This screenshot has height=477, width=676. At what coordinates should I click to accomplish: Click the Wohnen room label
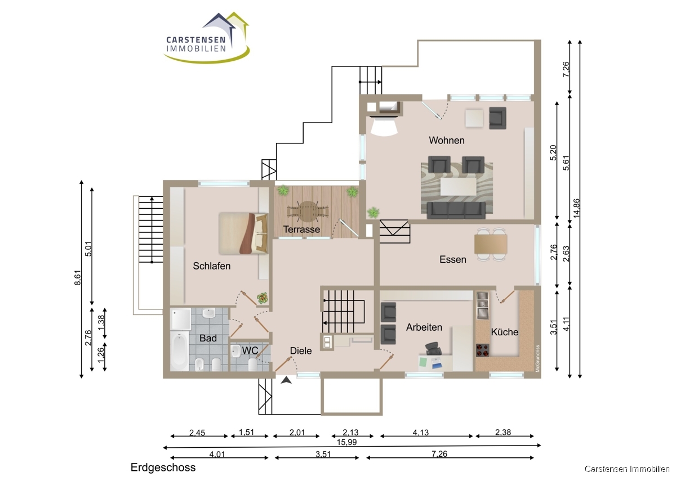pos(446,141)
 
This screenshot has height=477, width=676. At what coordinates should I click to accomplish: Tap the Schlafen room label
pos(212,265)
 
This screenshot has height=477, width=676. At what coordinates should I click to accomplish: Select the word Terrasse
pos(301,229)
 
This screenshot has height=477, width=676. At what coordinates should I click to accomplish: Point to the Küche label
pos(505,332)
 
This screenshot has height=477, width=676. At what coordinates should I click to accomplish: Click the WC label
pos(250,350)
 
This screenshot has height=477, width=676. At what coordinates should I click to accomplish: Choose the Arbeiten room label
pos(424,327)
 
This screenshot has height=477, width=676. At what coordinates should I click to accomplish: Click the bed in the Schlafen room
pos(243,233)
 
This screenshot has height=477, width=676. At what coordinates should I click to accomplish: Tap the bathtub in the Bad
pos(180,351)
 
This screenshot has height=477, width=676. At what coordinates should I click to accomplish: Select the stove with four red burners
pos(482,350)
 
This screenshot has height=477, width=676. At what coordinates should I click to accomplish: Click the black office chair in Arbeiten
pos(433,349)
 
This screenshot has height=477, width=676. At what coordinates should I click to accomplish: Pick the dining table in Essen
pos(491,244)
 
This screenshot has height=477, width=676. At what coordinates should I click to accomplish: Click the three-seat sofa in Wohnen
pos(456,210)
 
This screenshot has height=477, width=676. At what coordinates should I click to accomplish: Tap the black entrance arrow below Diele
pos(286,380)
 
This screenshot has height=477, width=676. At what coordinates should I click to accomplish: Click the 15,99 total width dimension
pos(347,442)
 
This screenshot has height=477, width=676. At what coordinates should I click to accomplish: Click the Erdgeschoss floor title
pos(163,467)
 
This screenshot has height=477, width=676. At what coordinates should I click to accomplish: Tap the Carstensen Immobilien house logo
pos(207,38)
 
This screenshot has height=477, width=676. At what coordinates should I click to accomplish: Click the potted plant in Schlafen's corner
pos(263,298)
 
